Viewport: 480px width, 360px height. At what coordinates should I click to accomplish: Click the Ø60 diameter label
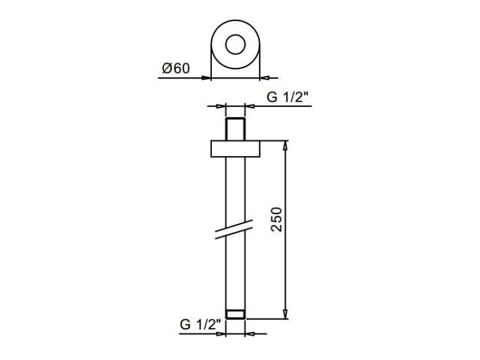click(176, 68)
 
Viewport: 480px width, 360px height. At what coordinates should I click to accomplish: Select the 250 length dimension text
click(277, 219)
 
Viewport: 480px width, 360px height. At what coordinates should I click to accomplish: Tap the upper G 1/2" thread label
click(287, 97)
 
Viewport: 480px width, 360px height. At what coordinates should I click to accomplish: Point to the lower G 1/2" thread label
click(200, 324)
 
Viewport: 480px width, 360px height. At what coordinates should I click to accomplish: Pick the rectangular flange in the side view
click(236, 149)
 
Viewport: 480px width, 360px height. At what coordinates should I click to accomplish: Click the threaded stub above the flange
click(236, 129)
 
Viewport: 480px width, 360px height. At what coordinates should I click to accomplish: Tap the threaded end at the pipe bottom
click(236, 315)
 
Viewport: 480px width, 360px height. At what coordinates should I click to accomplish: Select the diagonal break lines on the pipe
click(234, 230)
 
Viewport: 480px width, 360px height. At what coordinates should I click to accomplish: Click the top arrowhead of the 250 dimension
click(285, 146)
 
